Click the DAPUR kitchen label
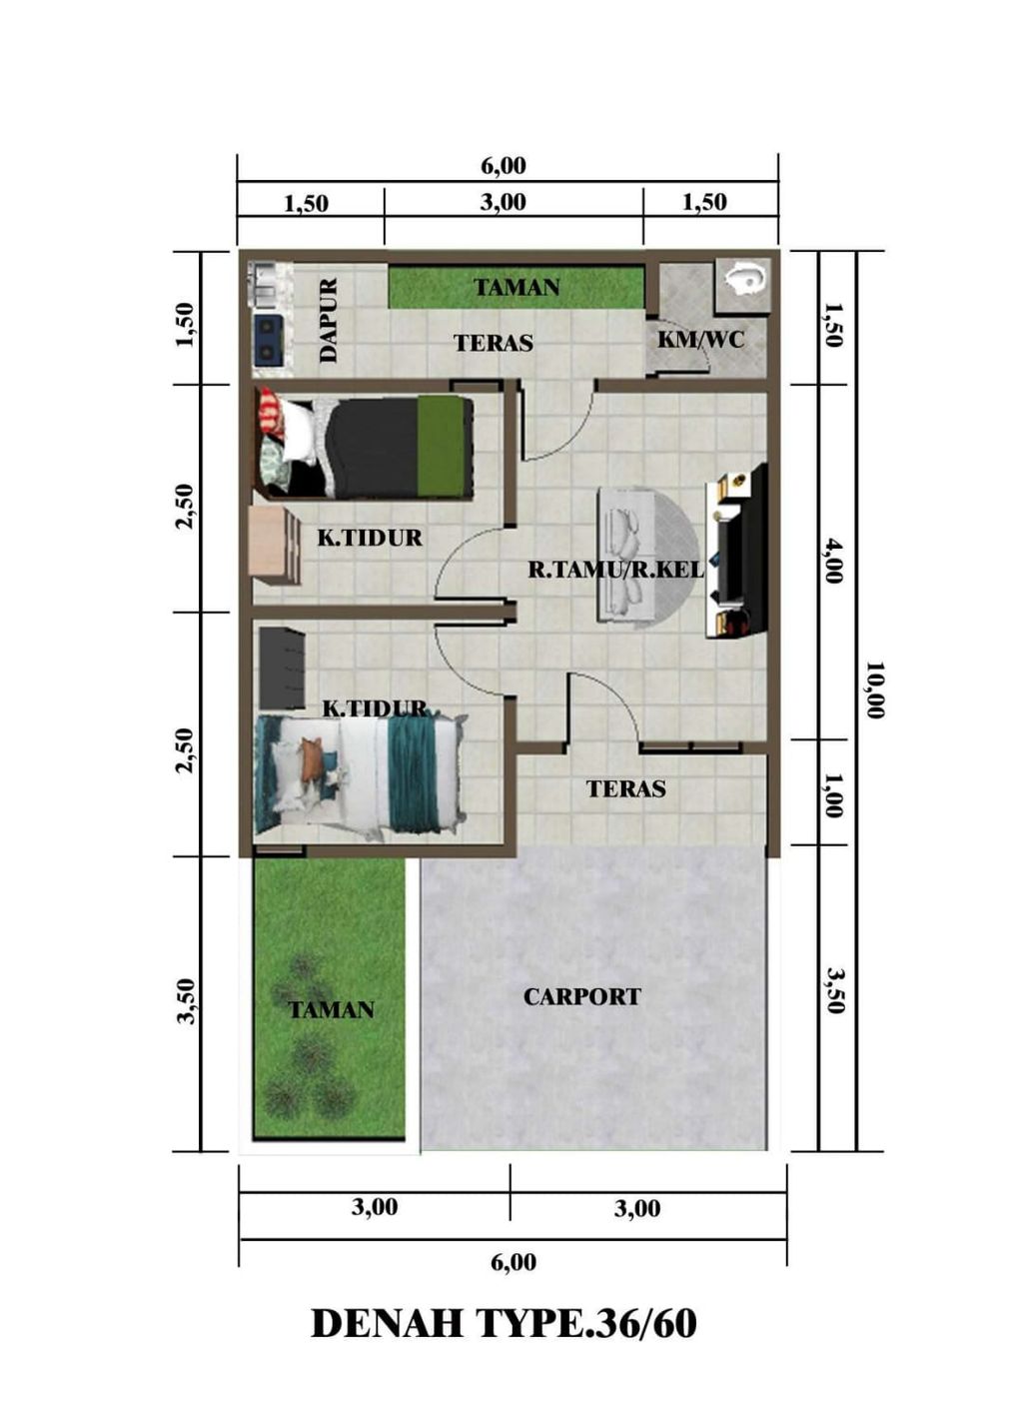pyautogui.click(x=329, y=320)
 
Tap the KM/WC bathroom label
pyautogui.click(x=700, y=340)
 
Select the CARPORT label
pyautogui.click(x=581, y=996)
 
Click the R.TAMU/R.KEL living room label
pyautogui.click(x=615, y=571)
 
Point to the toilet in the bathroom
pyautogui.click(x=745, y=279)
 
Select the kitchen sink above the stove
pyautogui.click(x=267, y=284)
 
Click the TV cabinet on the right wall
pyautogui.click(x=735, y=551)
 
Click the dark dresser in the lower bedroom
pyautogui.click(x=281, y=667)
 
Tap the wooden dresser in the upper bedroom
pyautogui.click(x=274, y=545)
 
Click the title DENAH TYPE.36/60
pyautogui.click(x=505, y=1323)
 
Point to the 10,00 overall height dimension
pyautogui.click(x=875, y=690)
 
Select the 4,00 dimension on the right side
pyautogui.click(x=834, y=561)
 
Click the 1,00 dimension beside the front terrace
pyautogui.click(x=833, y=794)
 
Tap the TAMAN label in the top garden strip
pyautogui.click(x=516, y=288)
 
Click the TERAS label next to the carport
pyautogui.click(x=625, y=788)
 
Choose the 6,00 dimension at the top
pyautogui.click(x=504, y=166)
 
